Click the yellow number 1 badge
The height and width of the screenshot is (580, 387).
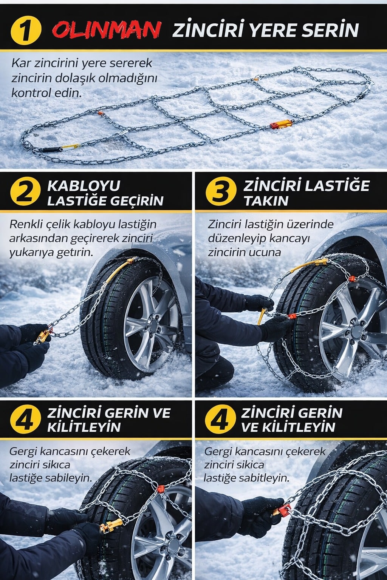click(25, 30)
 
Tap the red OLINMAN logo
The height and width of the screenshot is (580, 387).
click(107, 29)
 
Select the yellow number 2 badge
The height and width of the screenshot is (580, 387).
click(25, 193)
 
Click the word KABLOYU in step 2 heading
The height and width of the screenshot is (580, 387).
click(84, 186)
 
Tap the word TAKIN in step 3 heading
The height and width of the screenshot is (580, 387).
click(266, 201)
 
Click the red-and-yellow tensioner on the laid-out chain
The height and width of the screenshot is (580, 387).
click(281, 124)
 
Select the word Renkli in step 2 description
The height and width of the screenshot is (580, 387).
click(26, 224)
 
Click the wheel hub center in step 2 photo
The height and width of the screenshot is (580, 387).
click(152, 325)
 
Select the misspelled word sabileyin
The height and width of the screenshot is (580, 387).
click(68, 478)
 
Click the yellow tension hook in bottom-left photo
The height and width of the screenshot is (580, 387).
click(111, 525)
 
